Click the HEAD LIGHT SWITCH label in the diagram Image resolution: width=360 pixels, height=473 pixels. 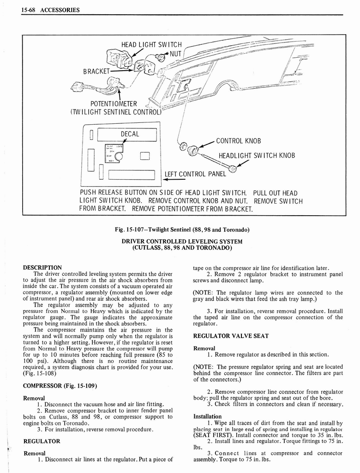[151, 45]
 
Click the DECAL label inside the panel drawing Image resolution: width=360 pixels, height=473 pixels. [130, 134]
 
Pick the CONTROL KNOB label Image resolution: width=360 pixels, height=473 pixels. [239, 141]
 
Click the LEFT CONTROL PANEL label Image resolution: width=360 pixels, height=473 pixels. [196, 174]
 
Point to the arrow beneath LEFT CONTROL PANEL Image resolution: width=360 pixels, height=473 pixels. [175, 180]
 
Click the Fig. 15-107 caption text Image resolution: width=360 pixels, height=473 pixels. [182, 230]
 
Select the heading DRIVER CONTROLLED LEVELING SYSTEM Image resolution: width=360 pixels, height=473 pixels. [182, 241]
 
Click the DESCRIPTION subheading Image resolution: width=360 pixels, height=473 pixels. [42, 267]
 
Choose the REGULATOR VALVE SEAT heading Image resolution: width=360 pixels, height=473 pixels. [231, 336]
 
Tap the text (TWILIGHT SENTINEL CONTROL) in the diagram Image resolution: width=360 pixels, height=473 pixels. [115, 111]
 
